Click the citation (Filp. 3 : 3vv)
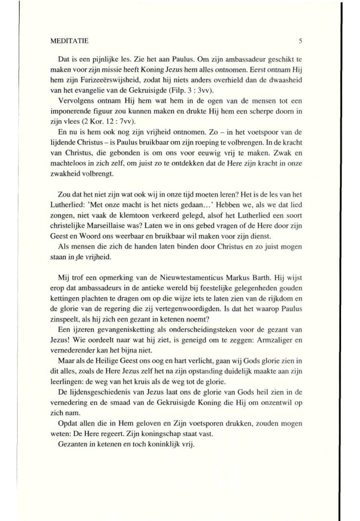[x=207, y=90]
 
